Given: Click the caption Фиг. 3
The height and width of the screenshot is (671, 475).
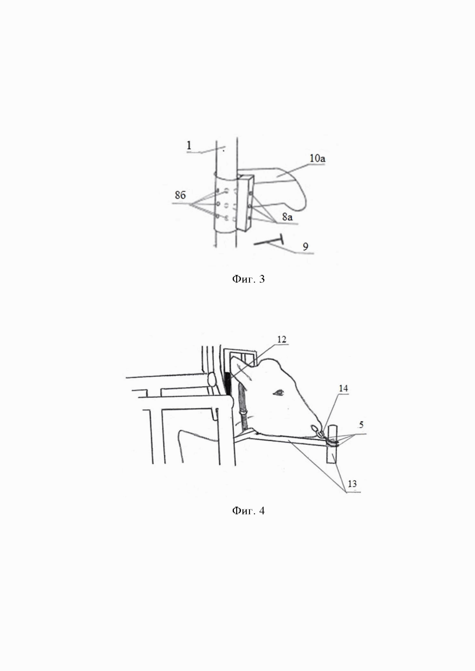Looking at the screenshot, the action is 248,279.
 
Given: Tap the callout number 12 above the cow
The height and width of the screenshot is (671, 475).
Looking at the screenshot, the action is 282,340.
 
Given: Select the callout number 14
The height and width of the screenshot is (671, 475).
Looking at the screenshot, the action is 343,388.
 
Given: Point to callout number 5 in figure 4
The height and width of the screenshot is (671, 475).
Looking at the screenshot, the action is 361,425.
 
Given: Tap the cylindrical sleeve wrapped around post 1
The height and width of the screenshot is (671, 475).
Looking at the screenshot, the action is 225,205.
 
